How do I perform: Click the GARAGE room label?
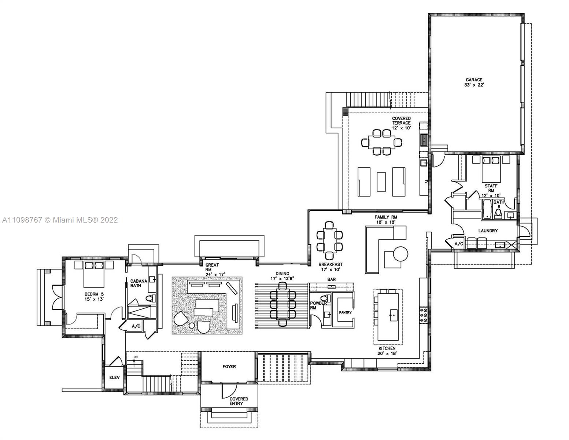coord(474,80)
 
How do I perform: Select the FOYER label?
coord(229,366)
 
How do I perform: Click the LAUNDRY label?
coord(488,231)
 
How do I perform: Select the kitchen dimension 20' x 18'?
coord(387,353)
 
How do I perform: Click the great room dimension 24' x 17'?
coord(213,274)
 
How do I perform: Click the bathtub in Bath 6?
coord(487,209)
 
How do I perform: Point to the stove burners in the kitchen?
coord(423,315)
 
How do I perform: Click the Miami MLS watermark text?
coord(60,220)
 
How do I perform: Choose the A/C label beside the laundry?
coord(458,244)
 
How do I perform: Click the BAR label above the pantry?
coord(331,279)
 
